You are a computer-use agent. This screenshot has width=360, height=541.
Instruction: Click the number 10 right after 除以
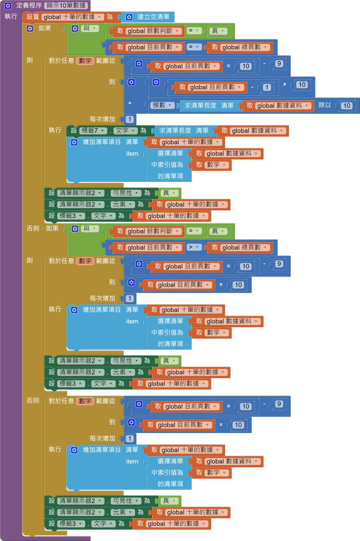[346, 106]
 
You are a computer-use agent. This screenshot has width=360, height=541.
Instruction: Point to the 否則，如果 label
[43, 228]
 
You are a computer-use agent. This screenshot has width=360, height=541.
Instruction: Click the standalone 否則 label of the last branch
[33, 400]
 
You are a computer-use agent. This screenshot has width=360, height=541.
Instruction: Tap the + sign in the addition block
[130, 103]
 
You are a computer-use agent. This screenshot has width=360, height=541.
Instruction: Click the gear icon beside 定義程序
[8, 6]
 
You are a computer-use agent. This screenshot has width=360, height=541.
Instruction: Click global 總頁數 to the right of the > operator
[241, 247]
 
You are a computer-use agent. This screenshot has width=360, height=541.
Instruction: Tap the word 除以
[325, 105]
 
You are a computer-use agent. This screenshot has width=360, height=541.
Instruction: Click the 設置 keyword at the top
[32, 17]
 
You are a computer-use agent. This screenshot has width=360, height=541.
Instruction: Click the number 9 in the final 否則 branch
[279, 404]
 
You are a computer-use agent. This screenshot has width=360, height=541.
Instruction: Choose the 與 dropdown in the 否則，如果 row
[90, 229]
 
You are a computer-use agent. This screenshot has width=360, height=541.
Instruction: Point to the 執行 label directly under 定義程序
[10, 16]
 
